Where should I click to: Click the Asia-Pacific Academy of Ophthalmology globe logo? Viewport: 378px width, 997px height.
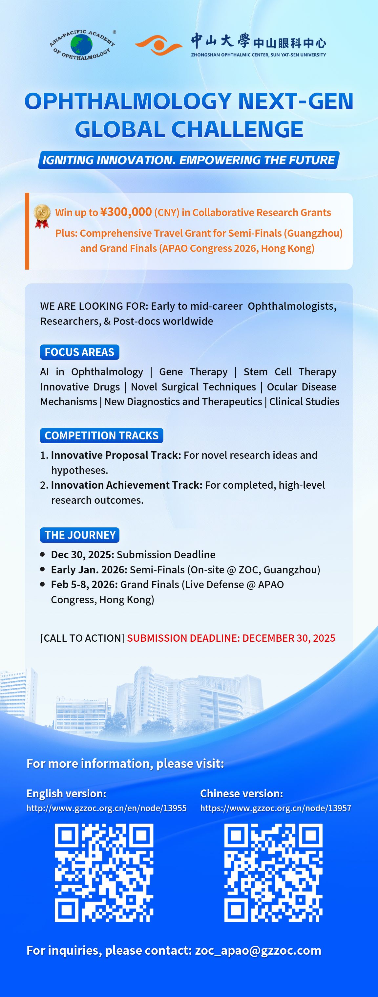(82, 45)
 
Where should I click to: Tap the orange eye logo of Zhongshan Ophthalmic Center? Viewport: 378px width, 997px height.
(158, 45)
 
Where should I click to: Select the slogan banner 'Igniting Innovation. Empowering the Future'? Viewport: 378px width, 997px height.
(189, 160)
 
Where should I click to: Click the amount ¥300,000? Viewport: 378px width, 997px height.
(126, 212)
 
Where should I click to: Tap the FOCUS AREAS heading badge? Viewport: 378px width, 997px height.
(80, 352)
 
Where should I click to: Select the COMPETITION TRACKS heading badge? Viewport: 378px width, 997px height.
(102, 435)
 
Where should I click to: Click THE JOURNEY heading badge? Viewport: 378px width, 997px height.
(80, 535)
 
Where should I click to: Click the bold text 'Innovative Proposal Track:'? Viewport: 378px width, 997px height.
(116, 455)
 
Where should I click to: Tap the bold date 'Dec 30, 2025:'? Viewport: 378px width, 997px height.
(82, 555)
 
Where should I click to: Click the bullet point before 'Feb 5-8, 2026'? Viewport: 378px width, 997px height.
(43, 585)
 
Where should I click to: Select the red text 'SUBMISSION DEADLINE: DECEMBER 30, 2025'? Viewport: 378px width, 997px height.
(231, 638)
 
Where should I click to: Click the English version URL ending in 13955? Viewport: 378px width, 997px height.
(106, 808)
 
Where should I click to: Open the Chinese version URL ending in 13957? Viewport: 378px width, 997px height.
(276, 808)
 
